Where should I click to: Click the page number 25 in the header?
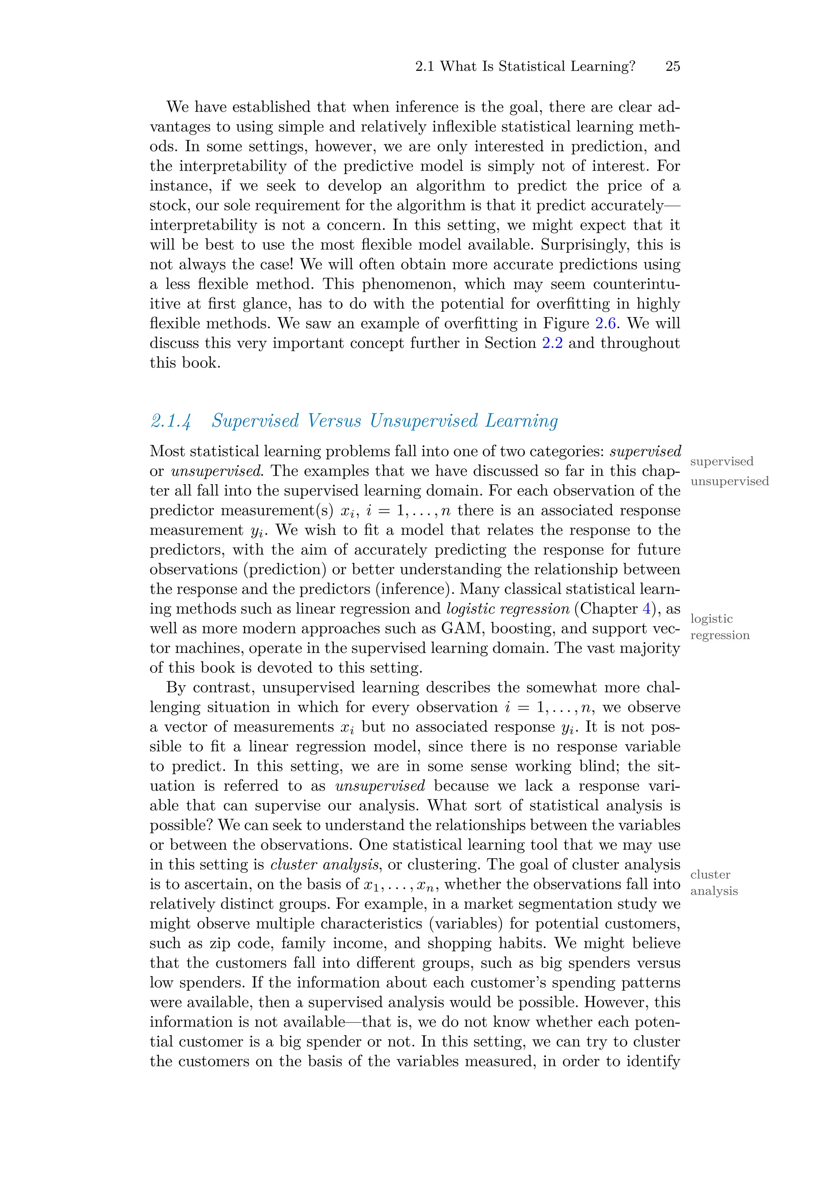point(672,66)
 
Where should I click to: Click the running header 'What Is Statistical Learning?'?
point(537,66)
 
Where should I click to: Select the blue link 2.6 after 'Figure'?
point(605,323)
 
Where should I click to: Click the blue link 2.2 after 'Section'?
point(552,343)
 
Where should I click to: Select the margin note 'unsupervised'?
point(729,481)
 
